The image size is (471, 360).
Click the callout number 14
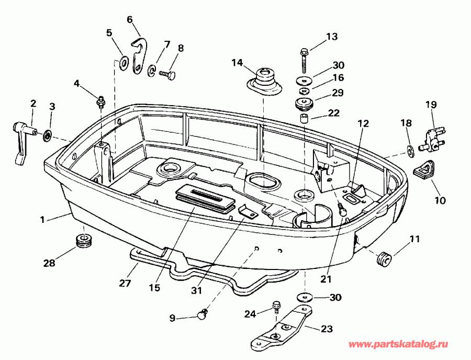click(237, 63)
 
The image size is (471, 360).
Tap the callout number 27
click(125, 283)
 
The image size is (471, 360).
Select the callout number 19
click(431, 105)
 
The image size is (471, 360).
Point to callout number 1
click(42, 220)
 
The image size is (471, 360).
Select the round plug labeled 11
click(384, 259)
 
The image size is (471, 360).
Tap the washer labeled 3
click(48, 136)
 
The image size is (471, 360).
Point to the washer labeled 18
click(410, 151)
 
